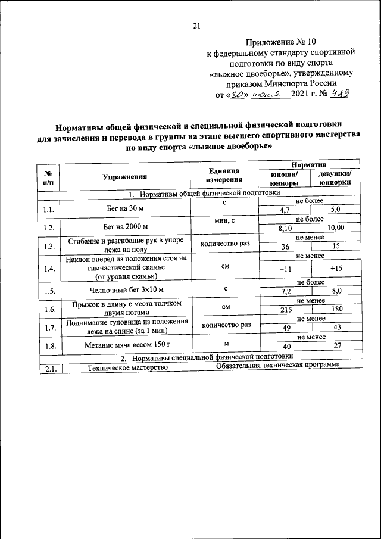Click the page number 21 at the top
[197, 25]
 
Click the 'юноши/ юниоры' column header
[285, 179]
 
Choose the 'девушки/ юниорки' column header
[335, 179]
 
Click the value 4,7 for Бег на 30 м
[284, 211]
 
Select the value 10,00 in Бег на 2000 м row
[336, 228]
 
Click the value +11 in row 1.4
[285, 269]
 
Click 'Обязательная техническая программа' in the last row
[277, 365]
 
